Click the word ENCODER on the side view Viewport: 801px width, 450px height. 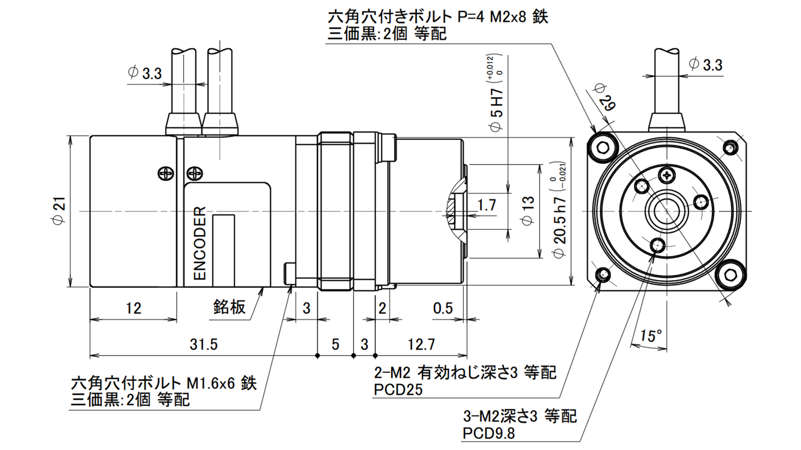199,243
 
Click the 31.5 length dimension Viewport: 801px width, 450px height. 203,344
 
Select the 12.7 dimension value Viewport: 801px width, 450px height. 421,344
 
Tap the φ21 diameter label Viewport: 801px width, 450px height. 59,211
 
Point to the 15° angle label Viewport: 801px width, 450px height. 650,336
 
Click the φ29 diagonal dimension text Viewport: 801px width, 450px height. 605,97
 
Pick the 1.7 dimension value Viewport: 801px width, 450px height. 486,206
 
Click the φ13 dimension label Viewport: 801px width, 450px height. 528,211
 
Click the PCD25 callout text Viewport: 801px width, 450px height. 398,390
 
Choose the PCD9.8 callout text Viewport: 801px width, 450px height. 489,433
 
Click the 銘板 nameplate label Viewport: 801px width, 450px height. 229,307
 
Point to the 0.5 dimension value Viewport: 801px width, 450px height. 443,308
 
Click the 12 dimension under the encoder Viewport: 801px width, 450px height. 133,308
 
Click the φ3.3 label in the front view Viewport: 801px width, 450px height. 706,65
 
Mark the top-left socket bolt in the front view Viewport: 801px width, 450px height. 603,148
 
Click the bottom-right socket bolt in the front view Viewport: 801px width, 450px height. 731,275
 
